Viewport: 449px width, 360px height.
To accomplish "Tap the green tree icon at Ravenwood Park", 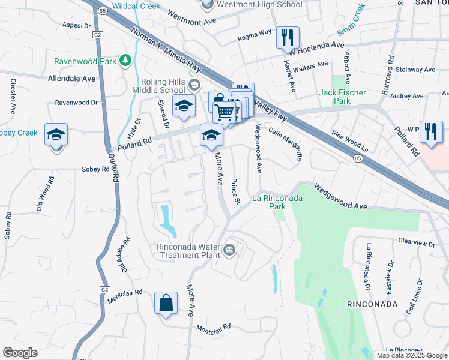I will point(125,60).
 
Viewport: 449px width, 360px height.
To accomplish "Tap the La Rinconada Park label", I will point(277,202).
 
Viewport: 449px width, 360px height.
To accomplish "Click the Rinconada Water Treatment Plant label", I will point(187,251).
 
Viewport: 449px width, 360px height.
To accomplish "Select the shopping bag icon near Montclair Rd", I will point(166,303).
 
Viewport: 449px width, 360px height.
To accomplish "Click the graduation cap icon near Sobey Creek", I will point(56,134).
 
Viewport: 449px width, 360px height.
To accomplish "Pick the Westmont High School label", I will point(259,5).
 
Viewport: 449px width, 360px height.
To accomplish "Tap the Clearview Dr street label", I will point(416,242).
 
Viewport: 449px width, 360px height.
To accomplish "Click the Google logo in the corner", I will point(20,353).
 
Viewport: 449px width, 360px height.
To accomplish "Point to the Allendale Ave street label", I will point(71,79).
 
